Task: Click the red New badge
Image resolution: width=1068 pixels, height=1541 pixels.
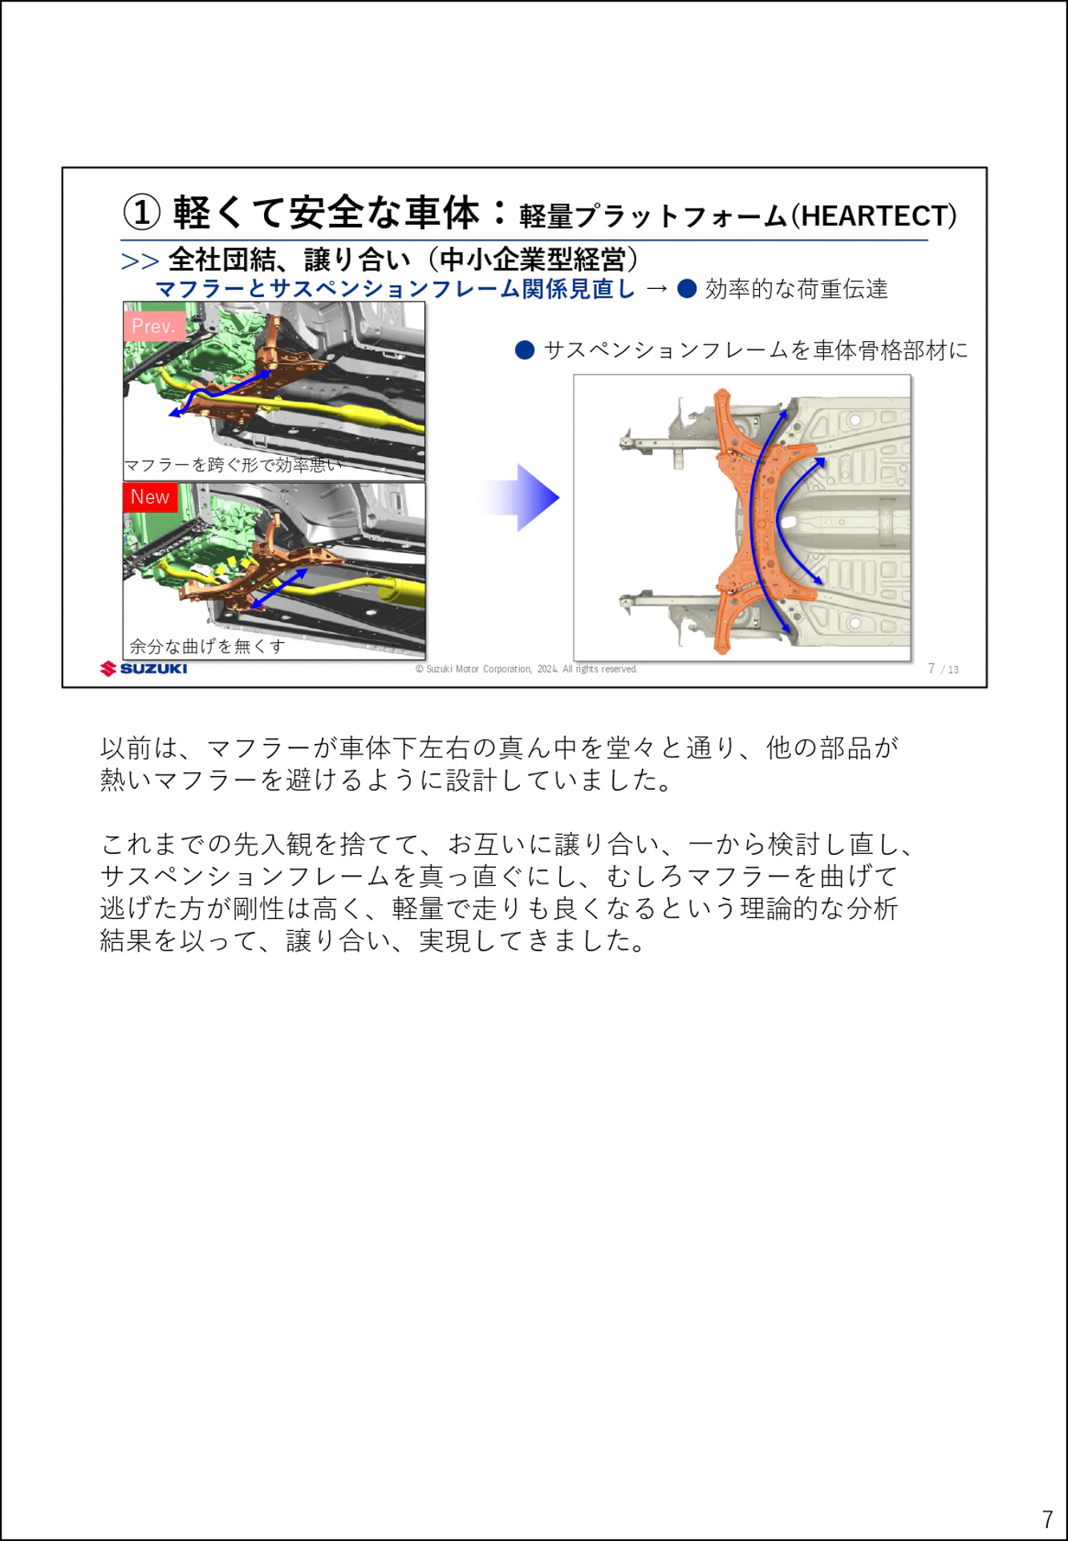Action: pos(150,497)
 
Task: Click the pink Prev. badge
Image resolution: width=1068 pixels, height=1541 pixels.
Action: pos(154,326)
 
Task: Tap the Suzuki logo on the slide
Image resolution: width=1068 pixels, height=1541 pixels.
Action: pos(144,669)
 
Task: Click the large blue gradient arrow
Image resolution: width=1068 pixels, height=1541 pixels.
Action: pos(522,498)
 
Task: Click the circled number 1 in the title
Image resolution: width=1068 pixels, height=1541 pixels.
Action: pos(141,213)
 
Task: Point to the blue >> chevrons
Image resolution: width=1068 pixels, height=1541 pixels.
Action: pos(140,262)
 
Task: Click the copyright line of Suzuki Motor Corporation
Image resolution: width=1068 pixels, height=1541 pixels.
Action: pos(526,669)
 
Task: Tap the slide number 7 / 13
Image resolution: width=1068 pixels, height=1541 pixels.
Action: pos(943,669)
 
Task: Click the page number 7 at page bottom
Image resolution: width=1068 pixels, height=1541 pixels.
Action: pos(1047,1519)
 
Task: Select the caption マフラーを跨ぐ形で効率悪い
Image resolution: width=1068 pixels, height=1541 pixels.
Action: pos(233,466)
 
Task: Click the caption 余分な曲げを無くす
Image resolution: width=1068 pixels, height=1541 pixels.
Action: pos(207,646)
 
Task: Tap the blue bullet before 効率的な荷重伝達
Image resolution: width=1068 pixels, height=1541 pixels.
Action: pos(687,289)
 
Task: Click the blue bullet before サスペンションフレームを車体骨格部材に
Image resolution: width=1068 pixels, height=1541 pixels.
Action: pos(525,350)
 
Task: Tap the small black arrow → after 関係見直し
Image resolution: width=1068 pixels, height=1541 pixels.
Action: pos(656,289)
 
